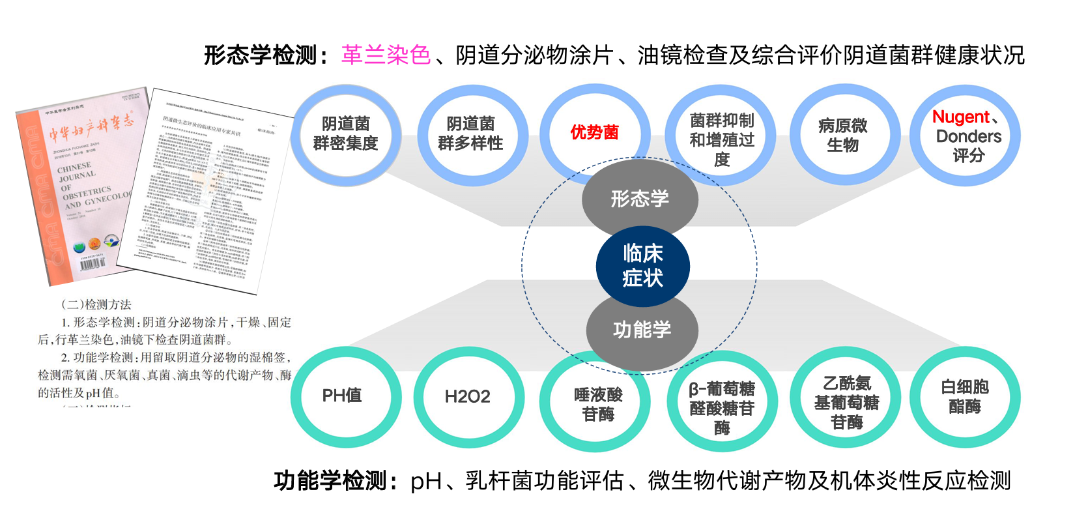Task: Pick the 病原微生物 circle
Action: [x=843, y=136]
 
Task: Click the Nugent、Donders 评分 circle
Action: [x=967, y=136]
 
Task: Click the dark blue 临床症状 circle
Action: [x=642, y=266]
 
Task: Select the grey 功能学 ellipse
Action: [x=642, y=330]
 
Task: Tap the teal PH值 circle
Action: [x=343, y=396]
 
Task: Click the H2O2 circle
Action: [x=467, y=397]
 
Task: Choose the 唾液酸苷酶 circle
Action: [x=597, y=404]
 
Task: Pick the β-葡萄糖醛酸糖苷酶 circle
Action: [x=721, y=407]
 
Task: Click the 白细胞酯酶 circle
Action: [x=965, y=397]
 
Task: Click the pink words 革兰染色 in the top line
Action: [x=386, y=55]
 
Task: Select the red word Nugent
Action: [x=960, y=117]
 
